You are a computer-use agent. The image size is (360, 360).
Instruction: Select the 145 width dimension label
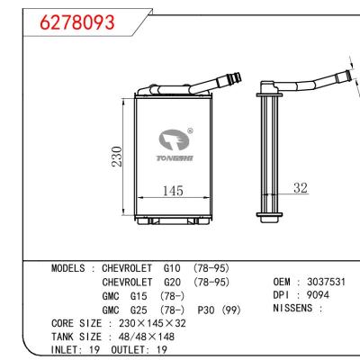click(174, 192)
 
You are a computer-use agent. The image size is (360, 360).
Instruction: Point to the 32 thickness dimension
click(300, 189)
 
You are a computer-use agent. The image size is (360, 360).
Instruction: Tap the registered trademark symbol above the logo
click(189, 129)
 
